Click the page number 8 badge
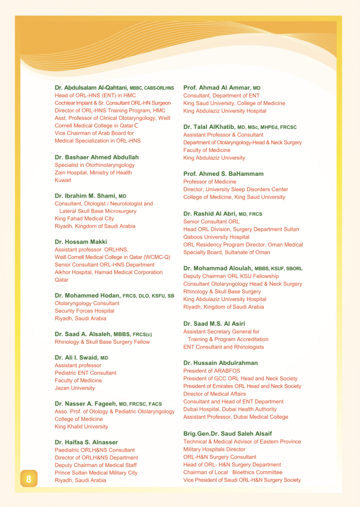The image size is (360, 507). [x=29, y=479]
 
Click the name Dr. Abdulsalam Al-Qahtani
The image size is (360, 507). [x=91, y=88]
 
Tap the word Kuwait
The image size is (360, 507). [x=63, y=180]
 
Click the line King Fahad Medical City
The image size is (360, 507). [x=84, y=218]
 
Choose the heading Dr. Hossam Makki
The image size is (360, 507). [x=81, y=242]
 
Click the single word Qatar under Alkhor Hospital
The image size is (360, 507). [x=62, y=280]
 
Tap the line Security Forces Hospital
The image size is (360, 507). [x=84, y=311]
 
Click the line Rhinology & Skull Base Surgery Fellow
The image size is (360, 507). [x=102, y=342]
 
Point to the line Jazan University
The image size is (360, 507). [x=75, y=388]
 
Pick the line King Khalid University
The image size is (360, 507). [x=81, y=426]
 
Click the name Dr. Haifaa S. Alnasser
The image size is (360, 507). [x=86, y=442]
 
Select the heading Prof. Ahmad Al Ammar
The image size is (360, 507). [x=217, y=88]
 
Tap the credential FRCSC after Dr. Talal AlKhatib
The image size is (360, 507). [x=288, y=127]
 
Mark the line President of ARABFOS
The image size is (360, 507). [x=212, y=371]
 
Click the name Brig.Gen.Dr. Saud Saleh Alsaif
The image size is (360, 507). [x=227, y=434]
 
